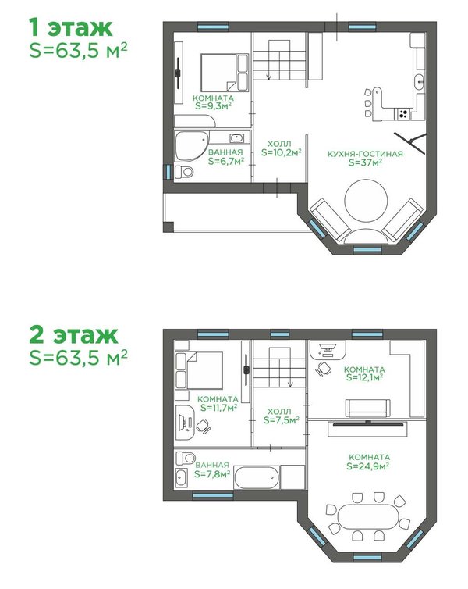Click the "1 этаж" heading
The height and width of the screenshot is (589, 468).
pos(70,28)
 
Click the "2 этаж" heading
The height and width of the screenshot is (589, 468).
pos(73,334)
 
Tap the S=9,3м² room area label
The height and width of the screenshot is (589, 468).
pos(213,106)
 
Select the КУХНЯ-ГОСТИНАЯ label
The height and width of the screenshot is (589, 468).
pos(365,154)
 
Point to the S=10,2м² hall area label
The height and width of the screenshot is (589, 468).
pos(282,152)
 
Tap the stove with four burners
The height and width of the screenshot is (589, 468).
pos(403,113)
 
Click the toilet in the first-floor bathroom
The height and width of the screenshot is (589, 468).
pos(184,172)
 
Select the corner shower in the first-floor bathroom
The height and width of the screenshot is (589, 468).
pos(191,146)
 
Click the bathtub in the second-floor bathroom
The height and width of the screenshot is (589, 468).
pos(257,477)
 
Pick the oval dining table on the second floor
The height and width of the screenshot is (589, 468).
pos(367,516)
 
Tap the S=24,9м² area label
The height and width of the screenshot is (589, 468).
pos(367,466)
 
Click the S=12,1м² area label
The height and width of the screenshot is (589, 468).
pos(364,377)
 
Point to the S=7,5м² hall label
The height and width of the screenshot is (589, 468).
pos(282,420)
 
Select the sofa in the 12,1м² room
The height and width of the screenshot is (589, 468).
pos(367,409)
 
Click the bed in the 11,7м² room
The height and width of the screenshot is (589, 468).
pos(199,370)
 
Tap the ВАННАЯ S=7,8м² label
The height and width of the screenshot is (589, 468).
pos(212,470)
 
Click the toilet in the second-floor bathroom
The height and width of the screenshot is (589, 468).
pos(186,458)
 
